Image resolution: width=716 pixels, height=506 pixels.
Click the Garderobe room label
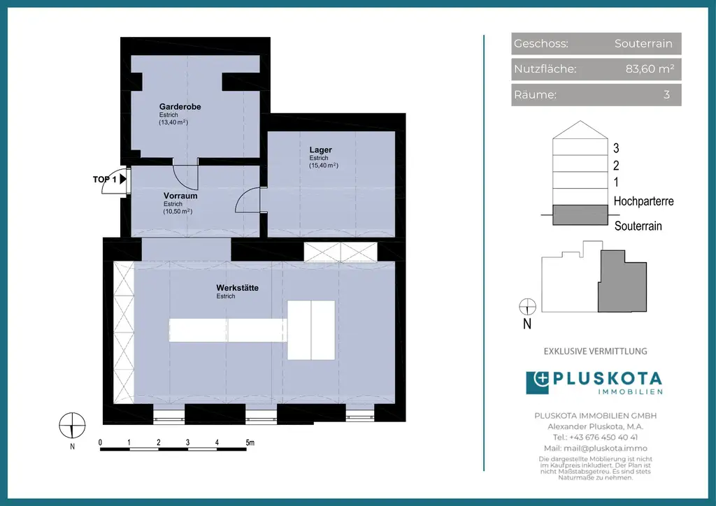pos(180,107)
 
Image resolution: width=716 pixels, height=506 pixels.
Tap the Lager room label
pos(321,150)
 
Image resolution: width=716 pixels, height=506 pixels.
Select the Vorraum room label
pos(180,196)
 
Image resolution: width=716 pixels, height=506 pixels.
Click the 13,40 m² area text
pos(173,122)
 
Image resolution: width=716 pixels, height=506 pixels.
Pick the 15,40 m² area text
pos(324,166)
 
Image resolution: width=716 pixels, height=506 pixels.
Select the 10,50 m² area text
pos(178,211)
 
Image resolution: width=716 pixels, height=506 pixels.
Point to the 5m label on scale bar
pos(250,443)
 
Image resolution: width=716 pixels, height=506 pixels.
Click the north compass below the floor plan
pos(72,424)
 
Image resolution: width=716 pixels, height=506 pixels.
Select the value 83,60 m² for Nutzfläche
pos(650,69)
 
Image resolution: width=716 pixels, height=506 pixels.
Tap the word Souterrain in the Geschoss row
pos(643,43)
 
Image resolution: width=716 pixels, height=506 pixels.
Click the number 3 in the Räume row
pos(666,95)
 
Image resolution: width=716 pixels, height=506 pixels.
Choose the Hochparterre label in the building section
pos(643,201)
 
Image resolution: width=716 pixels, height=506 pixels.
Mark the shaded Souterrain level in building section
pos(580,215)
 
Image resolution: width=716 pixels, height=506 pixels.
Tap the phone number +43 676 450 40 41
pos(596,437)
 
